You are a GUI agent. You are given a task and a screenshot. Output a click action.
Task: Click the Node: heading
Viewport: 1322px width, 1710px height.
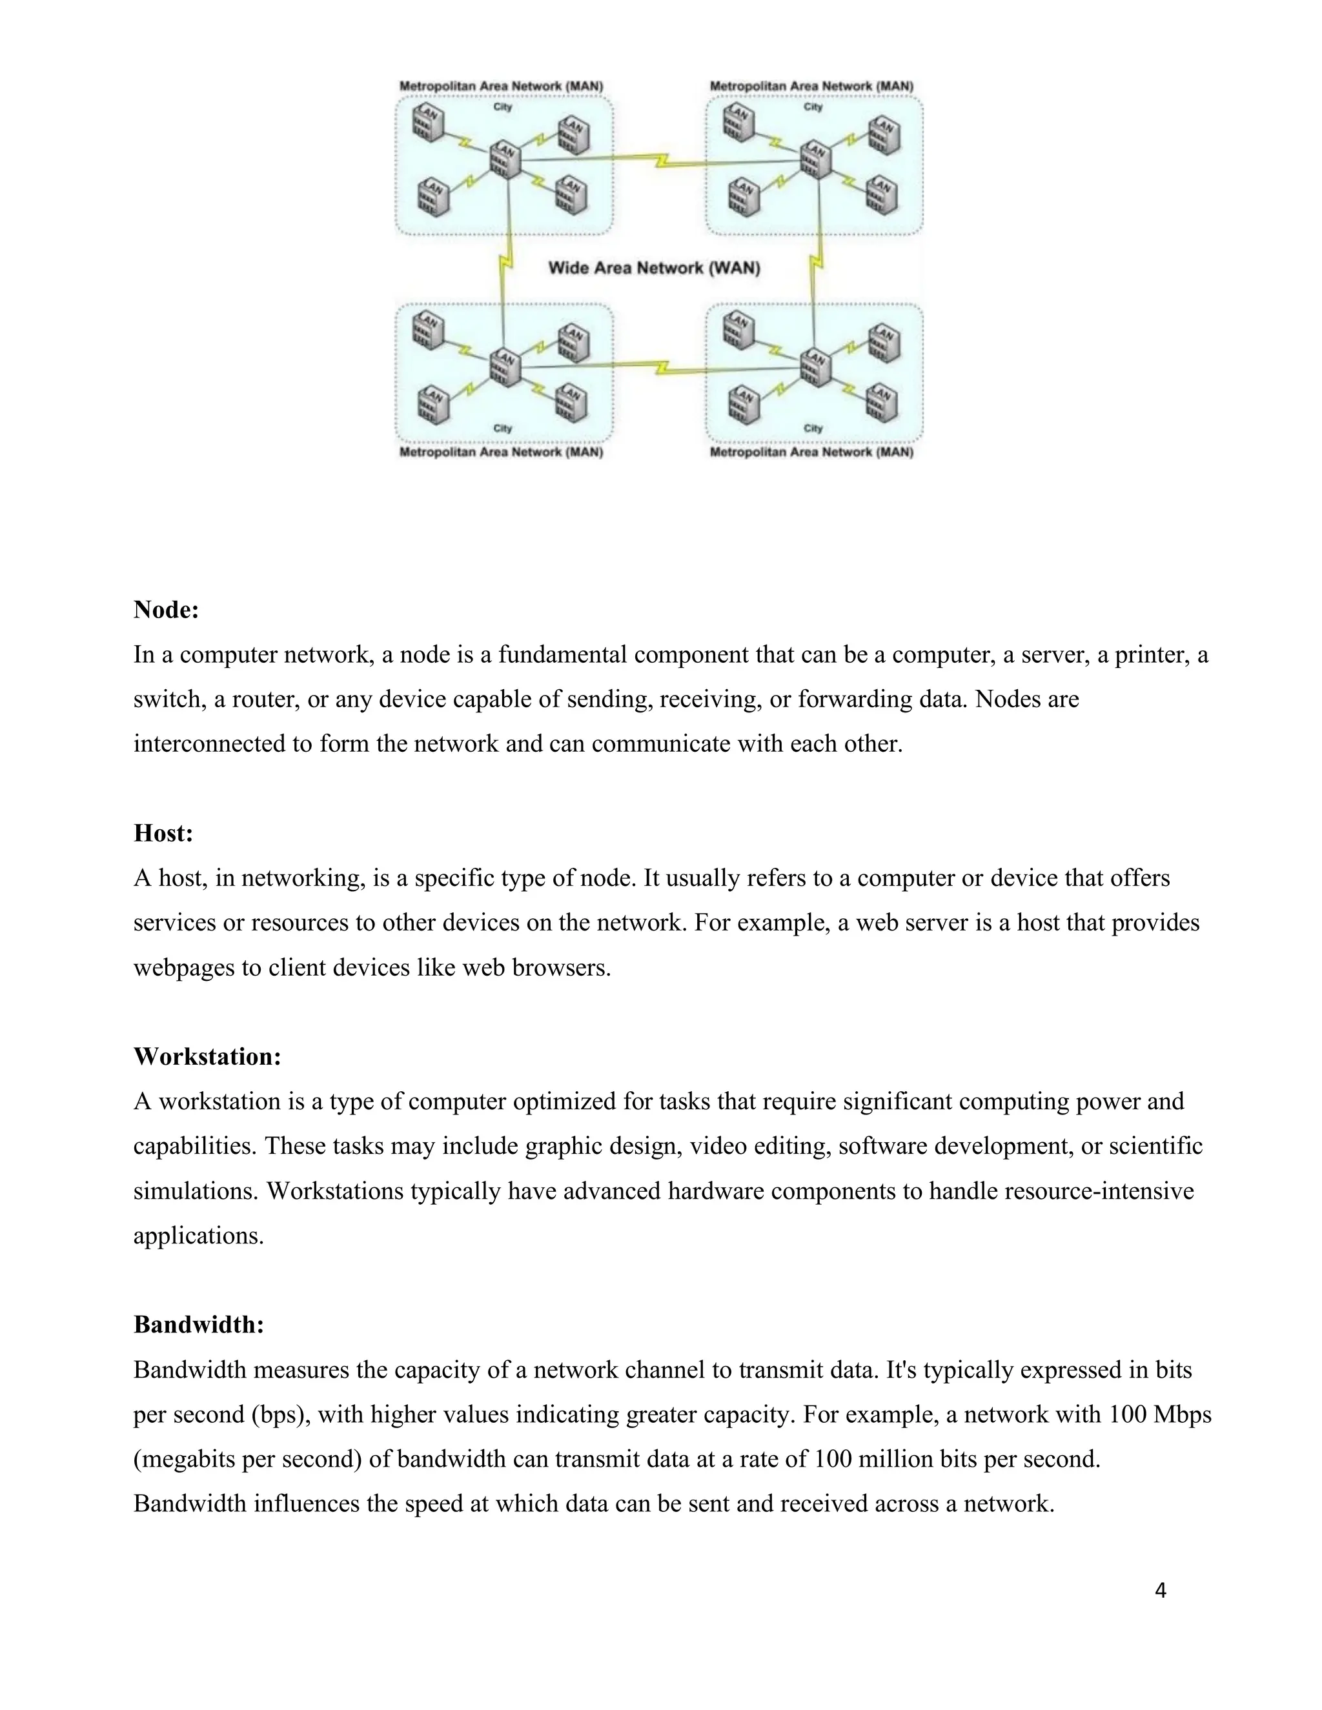166,609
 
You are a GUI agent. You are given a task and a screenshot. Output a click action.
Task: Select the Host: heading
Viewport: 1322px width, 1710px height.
163,832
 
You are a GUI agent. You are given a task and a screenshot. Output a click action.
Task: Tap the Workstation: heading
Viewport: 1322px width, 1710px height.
207,1056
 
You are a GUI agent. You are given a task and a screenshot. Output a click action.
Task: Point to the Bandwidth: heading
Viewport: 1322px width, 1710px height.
199,1325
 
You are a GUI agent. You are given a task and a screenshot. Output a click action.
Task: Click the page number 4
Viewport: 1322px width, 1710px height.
1161,1590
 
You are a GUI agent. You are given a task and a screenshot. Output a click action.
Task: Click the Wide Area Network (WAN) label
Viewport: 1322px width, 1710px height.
654,268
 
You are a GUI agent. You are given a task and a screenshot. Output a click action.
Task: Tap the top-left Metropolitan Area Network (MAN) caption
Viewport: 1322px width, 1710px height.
501,86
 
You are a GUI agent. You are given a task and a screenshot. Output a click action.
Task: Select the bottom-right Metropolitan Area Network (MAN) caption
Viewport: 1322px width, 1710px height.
811,452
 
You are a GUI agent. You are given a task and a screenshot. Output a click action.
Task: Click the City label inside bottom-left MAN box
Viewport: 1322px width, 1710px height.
503,428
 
